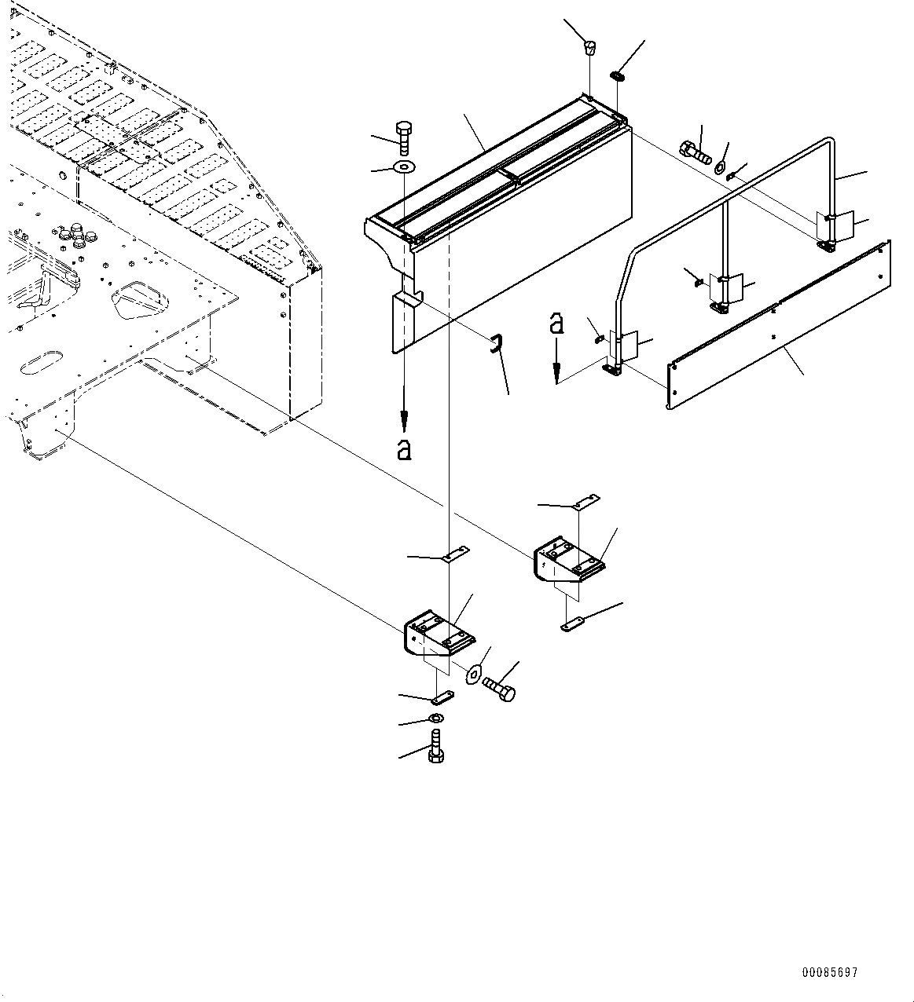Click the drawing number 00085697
coord(829,972)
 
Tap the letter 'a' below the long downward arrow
coord(404,449)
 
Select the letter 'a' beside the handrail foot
coord(556,323)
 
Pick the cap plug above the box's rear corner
coord(589,49)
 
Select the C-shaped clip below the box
coord(496,343)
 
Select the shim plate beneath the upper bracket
coord(574,624)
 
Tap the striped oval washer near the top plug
coord(618,75)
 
